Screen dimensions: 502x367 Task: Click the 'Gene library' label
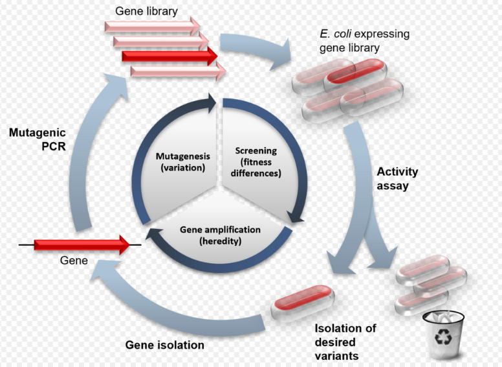[x=146, y=11]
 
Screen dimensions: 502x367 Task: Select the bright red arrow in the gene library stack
[x=169, y=56]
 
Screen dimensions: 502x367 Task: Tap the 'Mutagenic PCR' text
[x=38, y=139]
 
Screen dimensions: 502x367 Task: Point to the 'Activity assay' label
[x=397, y=179]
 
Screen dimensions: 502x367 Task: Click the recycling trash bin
[x=443, y=335]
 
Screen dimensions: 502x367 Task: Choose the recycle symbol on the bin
[x=443, y=337]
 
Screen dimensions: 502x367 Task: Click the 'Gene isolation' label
[x=164, y=345]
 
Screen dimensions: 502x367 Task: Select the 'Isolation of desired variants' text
[x=345, y=342]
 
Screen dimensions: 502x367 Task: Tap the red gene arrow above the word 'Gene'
[x=82, y=244]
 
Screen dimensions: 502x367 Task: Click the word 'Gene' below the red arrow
[x=74, y=260]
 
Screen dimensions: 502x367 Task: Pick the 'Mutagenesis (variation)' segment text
[x=183, y=161]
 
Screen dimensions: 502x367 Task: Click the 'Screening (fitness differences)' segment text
[x=256, y=161]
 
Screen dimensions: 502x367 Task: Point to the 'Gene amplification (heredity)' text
[x=220, y=235]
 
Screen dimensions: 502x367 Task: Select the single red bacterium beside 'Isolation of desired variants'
[x=303, y=303]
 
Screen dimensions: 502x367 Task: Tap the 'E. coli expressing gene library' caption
[x=364, y=41]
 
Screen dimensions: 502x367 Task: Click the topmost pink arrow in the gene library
[x=153, y=27]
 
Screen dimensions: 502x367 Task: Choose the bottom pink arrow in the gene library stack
[x=179, y=71]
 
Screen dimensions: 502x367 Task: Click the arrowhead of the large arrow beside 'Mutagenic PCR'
[x=117, y=85]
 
